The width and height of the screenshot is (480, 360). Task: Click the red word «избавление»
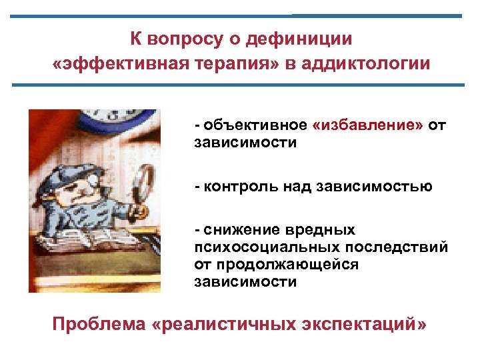(367, 126)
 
